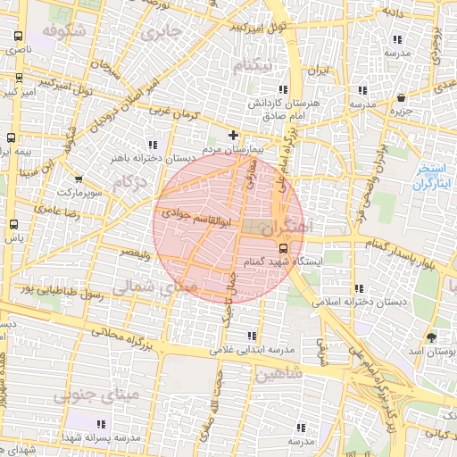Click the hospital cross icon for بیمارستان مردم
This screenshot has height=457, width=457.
tap(234, 135)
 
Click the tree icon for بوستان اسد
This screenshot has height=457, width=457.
tap(433, 337)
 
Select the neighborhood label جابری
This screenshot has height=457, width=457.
tap(162, 32)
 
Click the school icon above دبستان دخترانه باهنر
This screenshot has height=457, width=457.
tap(153, 145)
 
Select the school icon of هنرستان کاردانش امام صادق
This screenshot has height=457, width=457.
tap(284, 90)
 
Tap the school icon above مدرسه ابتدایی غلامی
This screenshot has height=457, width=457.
tap(251, 336)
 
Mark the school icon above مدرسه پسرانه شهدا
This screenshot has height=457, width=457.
tap(99, 423)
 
